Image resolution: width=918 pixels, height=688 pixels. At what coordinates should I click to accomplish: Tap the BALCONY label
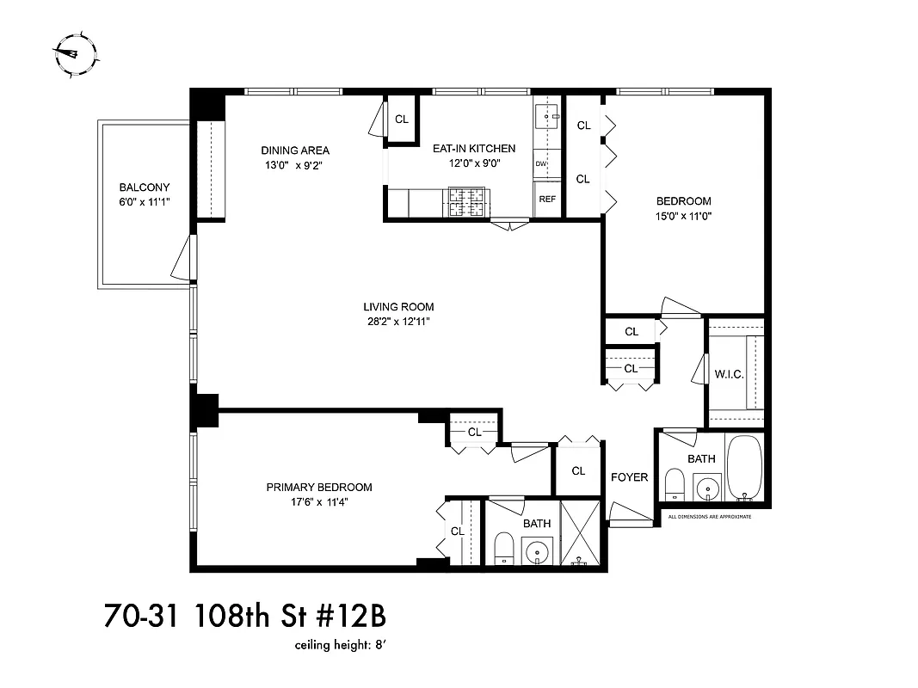pyautogui.click(x=144, y=187)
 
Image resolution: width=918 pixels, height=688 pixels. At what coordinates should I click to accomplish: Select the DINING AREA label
pyautogui.click(x=295, y=150)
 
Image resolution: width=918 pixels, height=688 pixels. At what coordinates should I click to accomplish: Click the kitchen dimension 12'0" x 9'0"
pyautogui.click(x=473, y=163)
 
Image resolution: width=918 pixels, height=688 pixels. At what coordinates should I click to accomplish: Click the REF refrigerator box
pyautogui.click(x=546, y=199)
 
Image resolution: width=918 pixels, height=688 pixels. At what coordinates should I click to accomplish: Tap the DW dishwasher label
pyautogui.click(x=541, y=163)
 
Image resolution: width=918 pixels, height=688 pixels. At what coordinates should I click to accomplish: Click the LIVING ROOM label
pyautogui.click(x=397, y=307)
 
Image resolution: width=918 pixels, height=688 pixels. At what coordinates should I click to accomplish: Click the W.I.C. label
pyautogui.click(x=729, y=373)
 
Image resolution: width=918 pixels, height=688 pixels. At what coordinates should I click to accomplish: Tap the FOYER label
pyautogui.click(x=629, y=477)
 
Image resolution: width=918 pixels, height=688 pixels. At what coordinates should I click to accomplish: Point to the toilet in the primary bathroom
pyautogui.click(x=505, y=548)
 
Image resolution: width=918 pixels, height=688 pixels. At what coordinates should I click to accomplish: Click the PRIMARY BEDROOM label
pyautogui.click(x=318, y=488)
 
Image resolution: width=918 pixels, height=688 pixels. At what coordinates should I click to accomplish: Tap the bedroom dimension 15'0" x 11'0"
pyautogui.click(x=682, y=216)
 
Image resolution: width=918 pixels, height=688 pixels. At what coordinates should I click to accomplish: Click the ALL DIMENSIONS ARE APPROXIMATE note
pyautogui.click(x=710, y=517)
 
